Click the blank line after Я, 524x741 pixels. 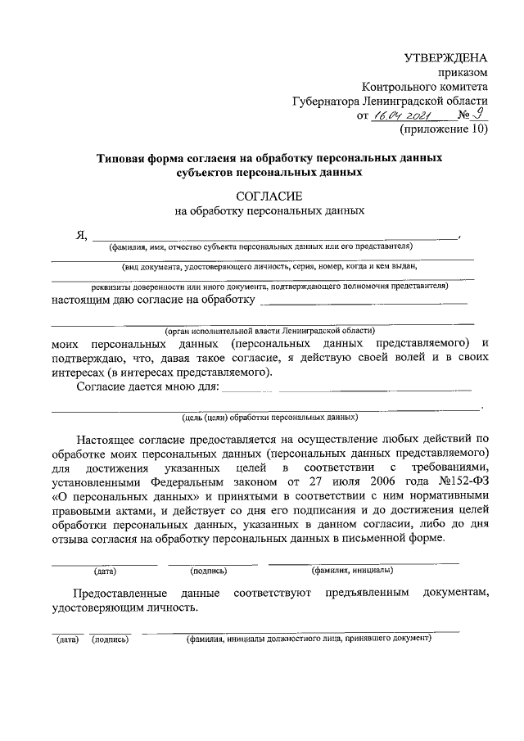[274, 237]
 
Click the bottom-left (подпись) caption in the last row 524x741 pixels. [110, 639]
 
